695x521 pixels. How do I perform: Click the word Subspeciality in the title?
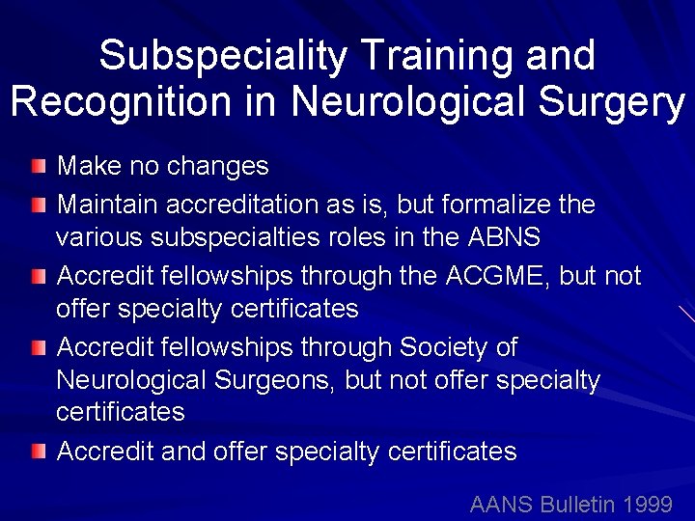pos(222,56)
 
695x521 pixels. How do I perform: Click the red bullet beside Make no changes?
pos(37,167)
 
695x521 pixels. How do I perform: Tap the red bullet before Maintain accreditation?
pos(37,205)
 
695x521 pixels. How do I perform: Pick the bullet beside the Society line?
pos(37,346)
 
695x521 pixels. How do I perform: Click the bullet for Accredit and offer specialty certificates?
pos(37,451)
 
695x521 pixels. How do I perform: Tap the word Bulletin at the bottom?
pos(575,504)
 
